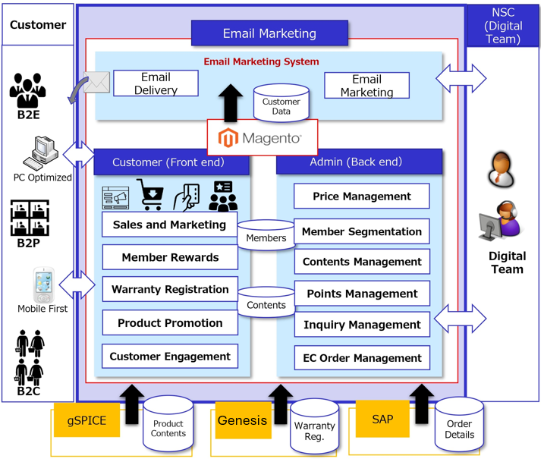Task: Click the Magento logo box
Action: click(x=263, y=137)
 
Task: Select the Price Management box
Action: click(x=361, y=196)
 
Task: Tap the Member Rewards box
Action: click(x=170, y=257)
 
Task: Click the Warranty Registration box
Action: click(x=170, y=289)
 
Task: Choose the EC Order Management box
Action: click(x=361, y=358)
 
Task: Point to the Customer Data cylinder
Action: click(x=281, y=104)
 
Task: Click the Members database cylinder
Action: click(x=266, y=236)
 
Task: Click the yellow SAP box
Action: click(x=382, y=419)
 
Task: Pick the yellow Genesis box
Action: click(x=243, y=420)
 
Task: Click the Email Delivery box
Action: click(x=156, y=83)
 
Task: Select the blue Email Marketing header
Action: click(x=269, y=33)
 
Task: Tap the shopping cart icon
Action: click(x=149, y=194)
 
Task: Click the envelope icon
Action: click(x=97, y=82)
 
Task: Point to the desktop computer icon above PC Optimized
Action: click(x=39, y=154)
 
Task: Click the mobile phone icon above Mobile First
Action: click(x=42, y=285)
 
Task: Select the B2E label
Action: click(x=28, y=115)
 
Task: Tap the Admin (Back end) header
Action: click(x=356, y=162)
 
